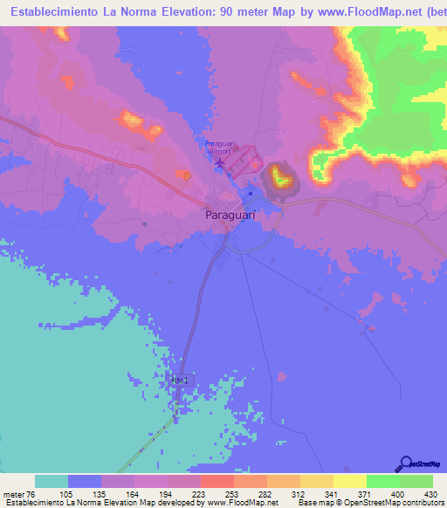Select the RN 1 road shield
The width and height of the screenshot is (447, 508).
tap(180, 380)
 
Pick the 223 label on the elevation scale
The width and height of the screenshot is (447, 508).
tap(199, 493)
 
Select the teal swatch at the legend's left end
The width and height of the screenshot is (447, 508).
tap(52, 482)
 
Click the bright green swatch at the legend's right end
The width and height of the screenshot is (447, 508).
tap(416, 482)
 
